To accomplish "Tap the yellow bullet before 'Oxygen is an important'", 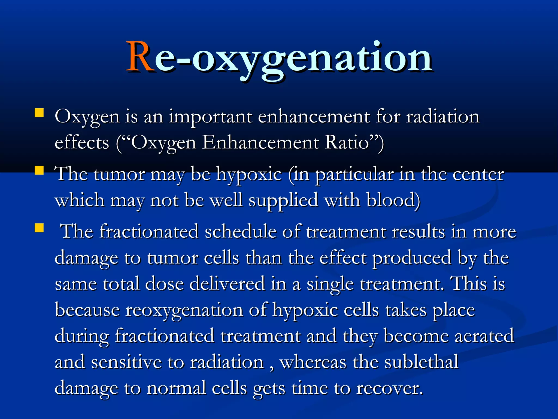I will (x=39, y=113).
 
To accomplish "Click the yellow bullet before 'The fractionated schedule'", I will (x=39, y=228).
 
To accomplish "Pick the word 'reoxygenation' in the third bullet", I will (x=184, y=310).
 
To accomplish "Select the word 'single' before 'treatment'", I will (x=330, y=284).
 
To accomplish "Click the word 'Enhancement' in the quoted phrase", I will (x=260, y=142).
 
